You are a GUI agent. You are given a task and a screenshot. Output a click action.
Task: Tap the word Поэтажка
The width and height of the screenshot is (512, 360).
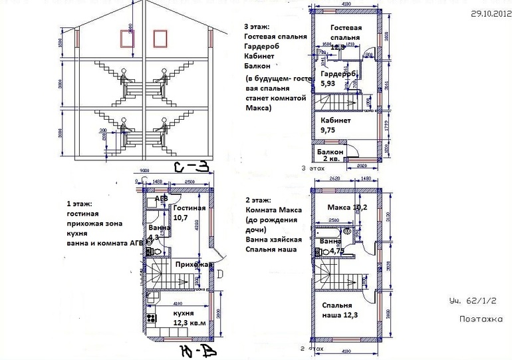480,318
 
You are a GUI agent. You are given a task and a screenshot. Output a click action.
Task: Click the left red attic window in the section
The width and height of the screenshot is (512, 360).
124,39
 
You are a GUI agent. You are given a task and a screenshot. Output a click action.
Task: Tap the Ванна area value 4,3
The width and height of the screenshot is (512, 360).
154,237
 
